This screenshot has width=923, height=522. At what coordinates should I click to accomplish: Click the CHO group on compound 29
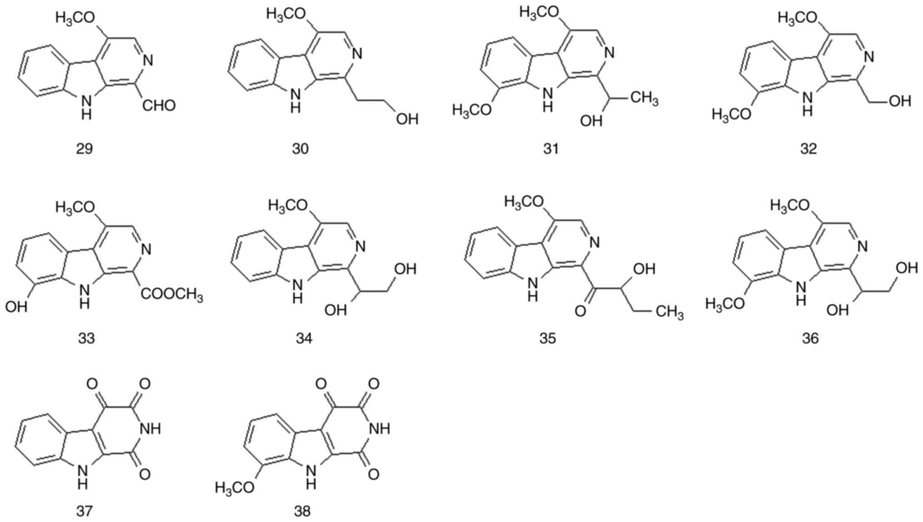point(159,106)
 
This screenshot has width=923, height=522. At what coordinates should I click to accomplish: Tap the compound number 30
point(300,149)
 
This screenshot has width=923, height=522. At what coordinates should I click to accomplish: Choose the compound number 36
point(810,338)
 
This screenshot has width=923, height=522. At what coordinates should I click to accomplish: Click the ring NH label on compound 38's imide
point(380,428)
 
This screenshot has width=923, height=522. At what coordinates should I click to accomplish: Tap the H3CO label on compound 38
point(235,488)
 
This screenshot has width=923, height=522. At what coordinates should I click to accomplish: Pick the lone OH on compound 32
point(900,101)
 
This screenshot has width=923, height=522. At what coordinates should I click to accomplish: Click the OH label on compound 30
point(407,119)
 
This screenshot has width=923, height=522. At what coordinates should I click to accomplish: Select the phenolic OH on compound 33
point(16,307)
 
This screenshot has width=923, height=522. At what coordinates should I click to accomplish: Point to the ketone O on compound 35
point(580,311)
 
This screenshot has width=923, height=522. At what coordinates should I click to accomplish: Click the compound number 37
point(84,511)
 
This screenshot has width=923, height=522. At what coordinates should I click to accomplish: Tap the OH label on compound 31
point(591,121)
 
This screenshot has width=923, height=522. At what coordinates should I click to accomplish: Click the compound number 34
point(304,338)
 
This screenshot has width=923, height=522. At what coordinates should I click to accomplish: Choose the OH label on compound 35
point(644,269)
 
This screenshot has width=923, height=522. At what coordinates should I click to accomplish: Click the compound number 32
point(809,149)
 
